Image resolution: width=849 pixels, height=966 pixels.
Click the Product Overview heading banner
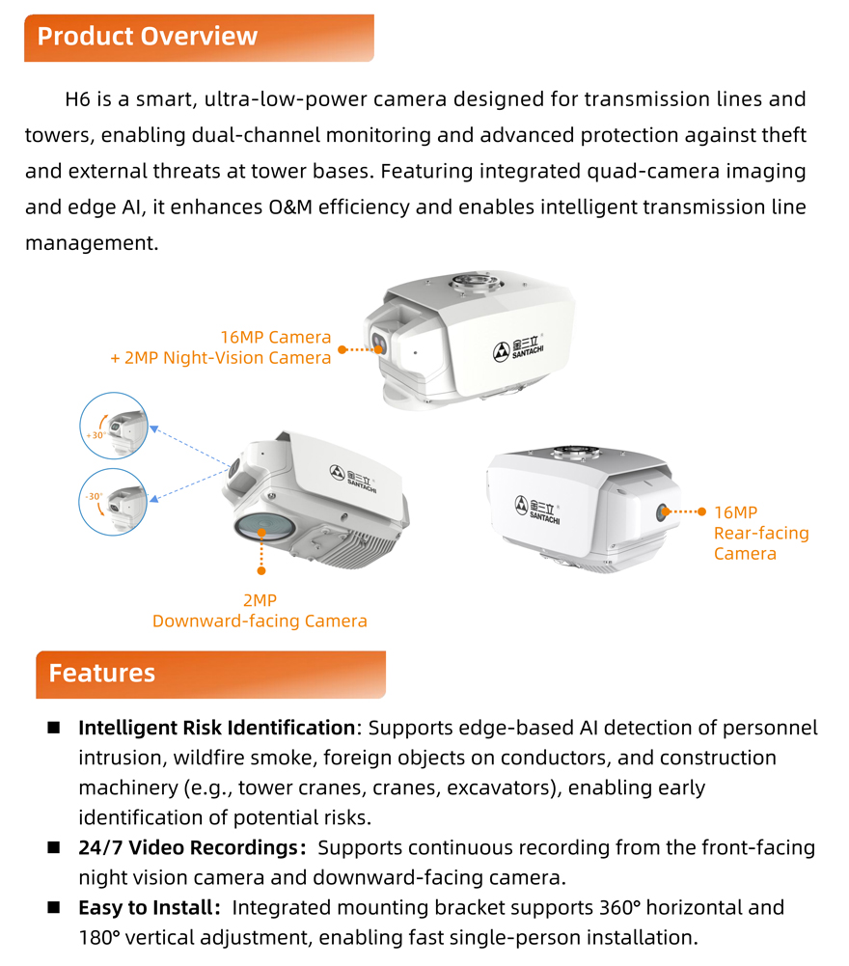coord(198,38)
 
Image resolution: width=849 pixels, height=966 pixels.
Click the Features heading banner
coord(209,674)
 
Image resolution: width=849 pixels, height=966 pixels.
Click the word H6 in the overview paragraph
coord(77,99)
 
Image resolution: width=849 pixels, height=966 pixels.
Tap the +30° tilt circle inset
coord(115,425)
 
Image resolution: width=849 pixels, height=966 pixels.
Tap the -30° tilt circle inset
coord(115,502)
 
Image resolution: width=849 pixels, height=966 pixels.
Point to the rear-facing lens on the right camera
coord(665,512)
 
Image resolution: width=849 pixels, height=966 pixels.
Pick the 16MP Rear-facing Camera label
coord(760,533)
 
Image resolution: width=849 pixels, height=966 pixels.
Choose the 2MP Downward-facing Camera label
coord(260,611)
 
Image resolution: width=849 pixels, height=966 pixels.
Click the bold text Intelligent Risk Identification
coord(217,728)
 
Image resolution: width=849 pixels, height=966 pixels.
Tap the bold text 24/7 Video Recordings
coord(186,848)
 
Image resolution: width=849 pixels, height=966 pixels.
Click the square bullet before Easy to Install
coord(54,908)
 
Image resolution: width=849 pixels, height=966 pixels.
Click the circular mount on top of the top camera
coord(474,284)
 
